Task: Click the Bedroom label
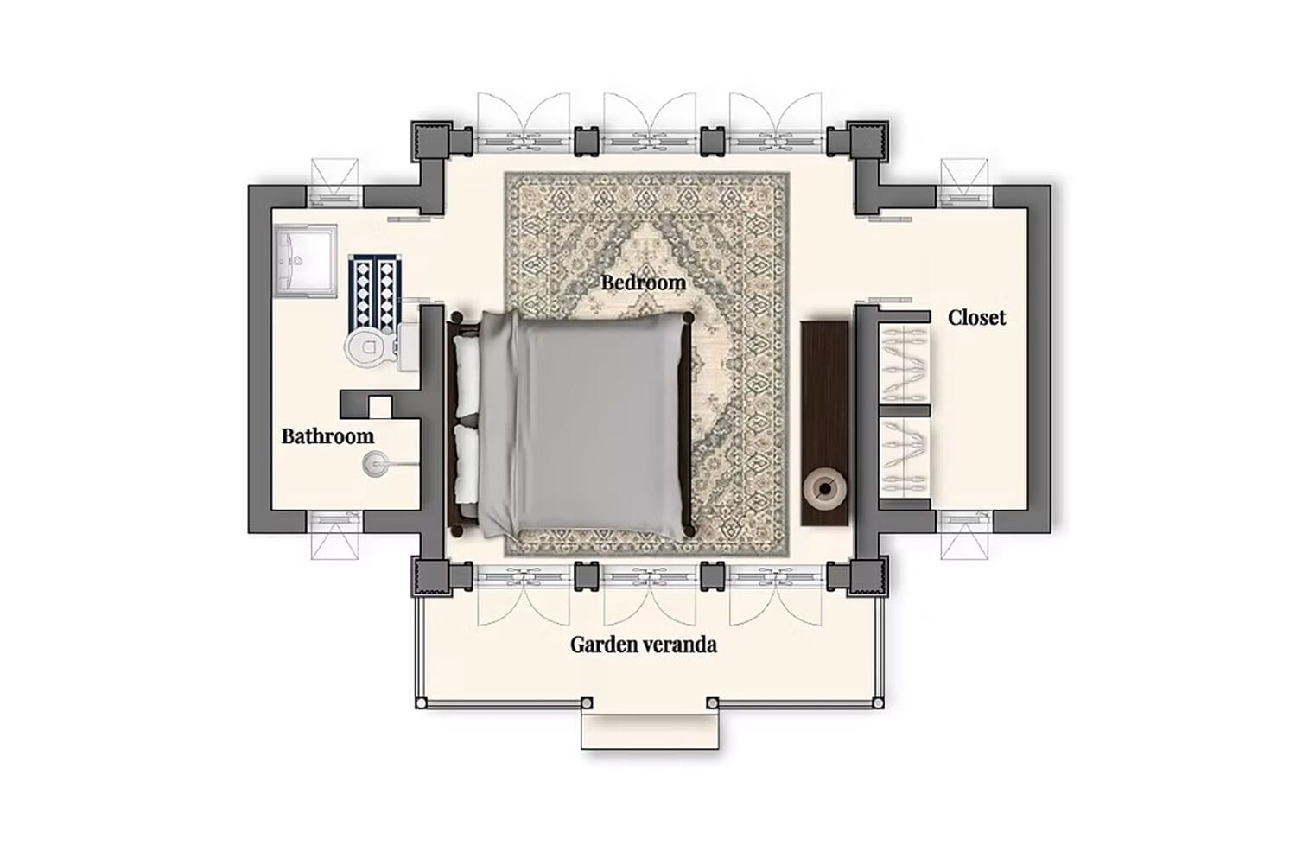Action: click(x=644, y=283)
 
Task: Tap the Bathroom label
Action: click(x=327, y=436)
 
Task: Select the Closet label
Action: click(x=976, y=317)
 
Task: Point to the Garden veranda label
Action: click(x=644, y=645)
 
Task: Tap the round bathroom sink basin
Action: click(x=375, y=464)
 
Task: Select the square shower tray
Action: click(x=305, y=261)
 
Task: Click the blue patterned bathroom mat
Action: click(x=375, y=294)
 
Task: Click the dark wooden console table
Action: click(x=824, y=423)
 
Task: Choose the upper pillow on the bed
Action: click(x=467, y=376)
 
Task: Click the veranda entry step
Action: click(x=650, y=732)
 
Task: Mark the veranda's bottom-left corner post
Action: click(x=422, y=703)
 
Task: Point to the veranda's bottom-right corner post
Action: click(x=878, y=703)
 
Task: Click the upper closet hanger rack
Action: click(x=905, y=364)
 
